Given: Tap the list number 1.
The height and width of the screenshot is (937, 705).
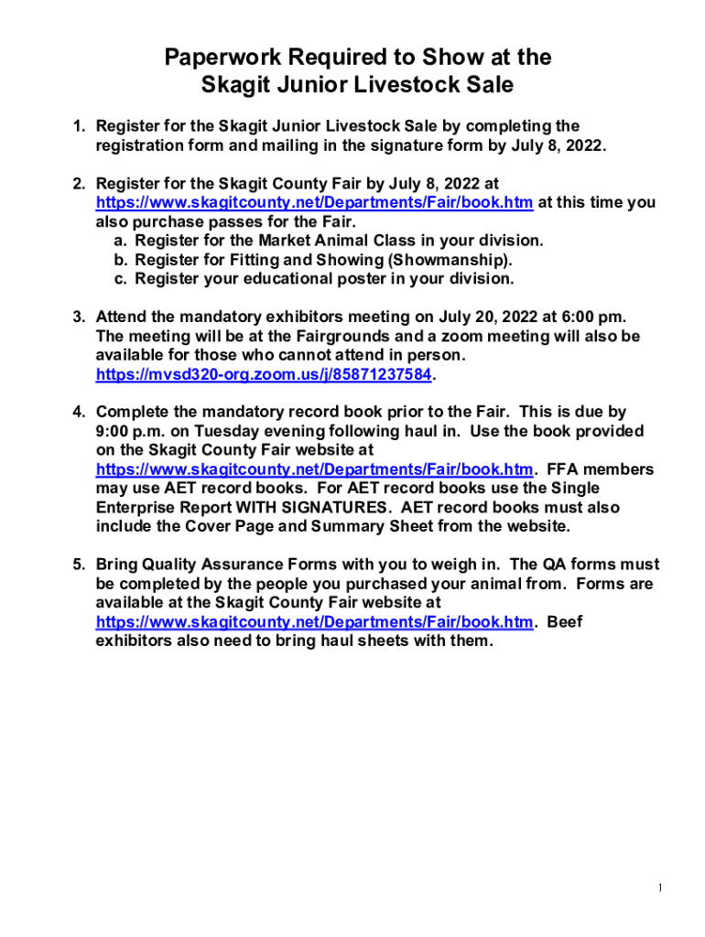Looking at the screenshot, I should (x=80, y=126).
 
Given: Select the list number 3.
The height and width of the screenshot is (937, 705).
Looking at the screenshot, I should (x=80, y=318).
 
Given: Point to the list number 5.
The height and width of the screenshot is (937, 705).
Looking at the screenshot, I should (x=80, y=565).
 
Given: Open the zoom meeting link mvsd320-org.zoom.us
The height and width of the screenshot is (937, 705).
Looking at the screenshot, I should (x=264, y=375).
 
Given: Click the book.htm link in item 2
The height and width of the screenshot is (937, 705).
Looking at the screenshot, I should (x=314, y=203).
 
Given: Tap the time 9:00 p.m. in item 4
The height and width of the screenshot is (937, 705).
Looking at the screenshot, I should (x=130, y=432).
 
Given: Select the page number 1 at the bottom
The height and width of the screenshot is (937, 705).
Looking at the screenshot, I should (x=659, y=889).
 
